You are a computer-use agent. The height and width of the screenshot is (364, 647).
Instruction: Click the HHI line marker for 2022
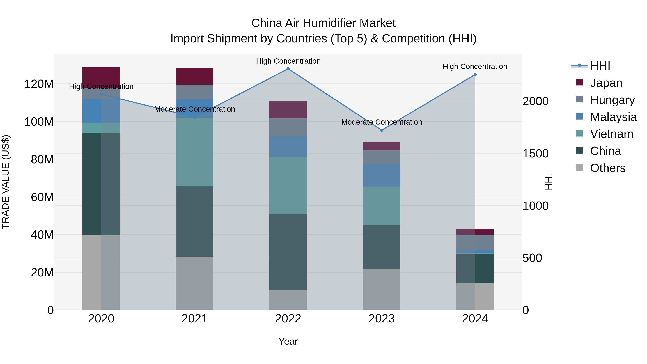tap(288, 69)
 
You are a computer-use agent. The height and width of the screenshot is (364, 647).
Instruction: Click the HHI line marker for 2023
tap(382, 130)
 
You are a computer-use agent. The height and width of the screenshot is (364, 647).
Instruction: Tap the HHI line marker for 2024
tap(475, 75)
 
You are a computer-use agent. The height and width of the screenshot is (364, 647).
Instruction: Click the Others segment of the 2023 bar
tap(382, 289)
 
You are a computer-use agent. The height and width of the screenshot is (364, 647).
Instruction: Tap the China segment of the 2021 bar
tap(195, 221)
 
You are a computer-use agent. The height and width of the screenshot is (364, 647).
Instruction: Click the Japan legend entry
tap(606, 83)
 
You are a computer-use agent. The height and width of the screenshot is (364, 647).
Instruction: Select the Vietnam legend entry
tap(611, 134)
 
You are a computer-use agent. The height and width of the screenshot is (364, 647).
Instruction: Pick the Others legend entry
tap(608, 168)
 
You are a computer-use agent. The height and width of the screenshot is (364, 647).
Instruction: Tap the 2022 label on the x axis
tap(288, 319)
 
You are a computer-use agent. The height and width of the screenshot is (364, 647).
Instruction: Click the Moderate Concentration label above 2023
tap(382, 122)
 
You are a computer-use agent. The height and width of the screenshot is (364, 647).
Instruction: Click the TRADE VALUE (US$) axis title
tap(6, 182)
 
